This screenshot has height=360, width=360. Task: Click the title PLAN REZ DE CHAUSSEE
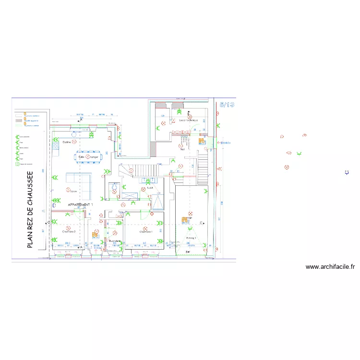30,210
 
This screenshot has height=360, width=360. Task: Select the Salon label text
73,192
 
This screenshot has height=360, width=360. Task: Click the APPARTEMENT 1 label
80,204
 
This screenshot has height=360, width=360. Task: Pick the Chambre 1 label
146,231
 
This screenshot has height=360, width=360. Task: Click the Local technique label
188,120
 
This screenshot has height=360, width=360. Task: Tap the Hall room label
182,149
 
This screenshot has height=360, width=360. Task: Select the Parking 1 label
191,238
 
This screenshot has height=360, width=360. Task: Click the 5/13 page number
227,104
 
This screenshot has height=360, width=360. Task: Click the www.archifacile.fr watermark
330,267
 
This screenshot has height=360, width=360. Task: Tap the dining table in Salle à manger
88,157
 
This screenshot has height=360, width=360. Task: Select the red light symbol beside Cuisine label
74,142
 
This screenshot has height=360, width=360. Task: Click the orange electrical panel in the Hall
202,141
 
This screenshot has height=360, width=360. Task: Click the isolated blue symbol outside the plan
347,172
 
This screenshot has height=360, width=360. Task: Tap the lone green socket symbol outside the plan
299,154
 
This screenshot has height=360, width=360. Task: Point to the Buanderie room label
114,241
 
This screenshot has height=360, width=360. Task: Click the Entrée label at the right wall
226,142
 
